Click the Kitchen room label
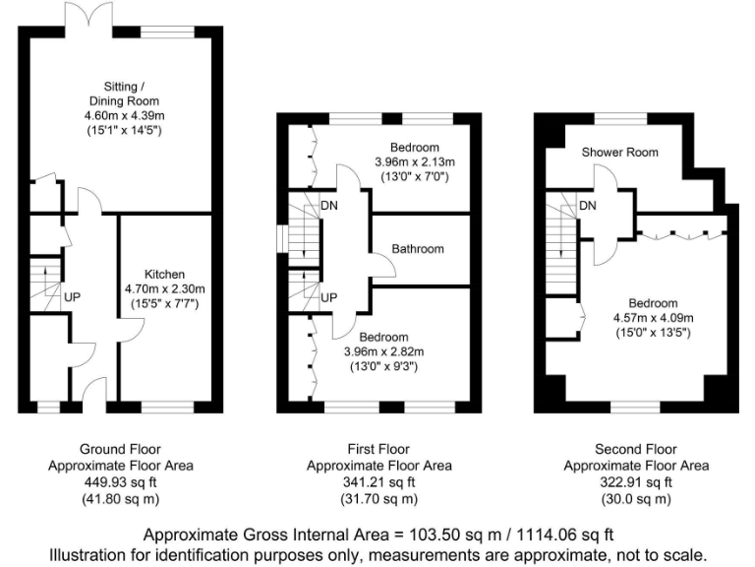(158, 274)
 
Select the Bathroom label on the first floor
(418, 249)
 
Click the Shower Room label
(619, 153)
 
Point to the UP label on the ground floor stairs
(72, 296)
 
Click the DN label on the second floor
(588, 206)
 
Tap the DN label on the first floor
(331, 206)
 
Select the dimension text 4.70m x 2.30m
(158, 289)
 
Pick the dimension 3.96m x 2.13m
(415, 162)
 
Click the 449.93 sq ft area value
(122, 482)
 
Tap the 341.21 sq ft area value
(378, 482)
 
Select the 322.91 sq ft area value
(635, 482)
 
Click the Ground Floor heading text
(122, 450)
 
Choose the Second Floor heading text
(635, 450)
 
